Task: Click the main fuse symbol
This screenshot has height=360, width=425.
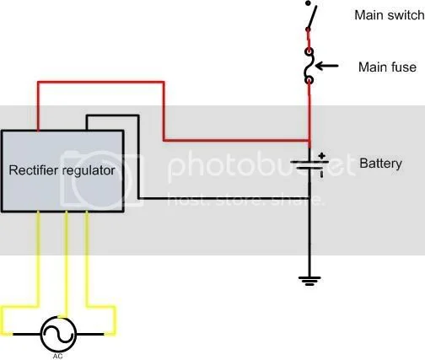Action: coord(309,67)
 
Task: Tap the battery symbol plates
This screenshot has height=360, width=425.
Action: coord(309,166)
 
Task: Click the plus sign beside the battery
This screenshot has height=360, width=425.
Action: coord(321,156)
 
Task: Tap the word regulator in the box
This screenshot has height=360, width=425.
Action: coord(88,170)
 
